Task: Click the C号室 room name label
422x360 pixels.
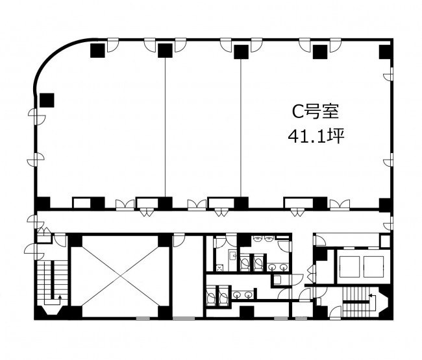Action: click(x=316, y=112)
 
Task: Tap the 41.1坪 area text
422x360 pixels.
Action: click(x=316, y=136)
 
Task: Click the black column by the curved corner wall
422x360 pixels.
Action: click(x=47, y=101)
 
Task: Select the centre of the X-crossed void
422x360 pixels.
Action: click(x=120, y=276)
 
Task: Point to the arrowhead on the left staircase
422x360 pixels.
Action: click(x=60, y=297)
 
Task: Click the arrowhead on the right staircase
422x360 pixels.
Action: click(x=370, y=296)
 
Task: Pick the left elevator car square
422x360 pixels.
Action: click(x=349, y=267)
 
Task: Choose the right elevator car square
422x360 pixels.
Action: click(x=373, y=267)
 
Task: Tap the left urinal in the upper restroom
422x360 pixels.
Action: click(x=258, y=238)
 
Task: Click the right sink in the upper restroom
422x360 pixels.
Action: click(x=283, y=267)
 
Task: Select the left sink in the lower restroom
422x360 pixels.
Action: click(x=237, y=295)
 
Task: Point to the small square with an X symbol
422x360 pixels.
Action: click(x=219, y=268)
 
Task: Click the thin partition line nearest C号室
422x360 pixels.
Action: click(x=241, y=128)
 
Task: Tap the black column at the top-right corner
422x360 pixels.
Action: click(x=386, y=52)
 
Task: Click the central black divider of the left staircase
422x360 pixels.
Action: click(x=53, y=280)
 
